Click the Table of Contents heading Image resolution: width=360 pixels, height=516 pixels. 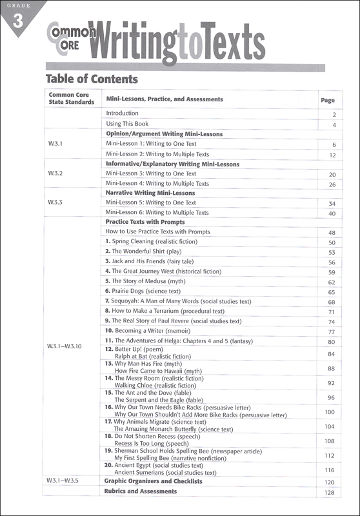92,79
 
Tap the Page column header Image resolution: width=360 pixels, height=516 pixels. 328,100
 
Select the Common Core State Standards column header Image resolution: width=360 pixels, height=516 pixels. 72,99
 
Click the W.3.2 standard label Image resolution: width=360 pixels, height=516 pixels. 55,174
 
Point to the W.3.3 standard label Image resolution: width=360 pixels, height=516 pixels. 55,202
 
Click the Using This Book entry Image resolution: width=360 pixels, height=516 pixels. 127,124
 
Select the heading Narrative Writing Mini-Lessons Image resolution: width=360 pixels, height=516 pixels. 150,193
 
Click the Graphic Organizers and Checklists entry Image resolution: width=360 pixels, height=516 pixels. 154,481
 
